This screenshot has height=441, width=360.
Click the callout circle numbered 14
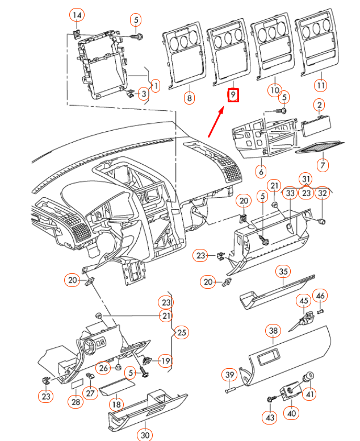[x=77, y=14]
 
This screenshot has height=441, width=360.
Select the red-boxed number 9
[x=233, y=94]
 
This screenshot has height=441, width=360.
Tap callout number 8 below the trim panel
[x=189, y=98]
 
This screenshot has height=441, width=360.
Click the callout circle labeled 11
[x=321, y=85]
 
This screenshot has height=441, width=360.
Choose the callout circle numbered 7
[x=323, y=165]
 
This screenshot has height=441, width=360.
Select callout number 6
[x=261, y=170]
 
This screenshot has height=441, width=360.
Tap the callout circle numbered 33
[x=290, y=193]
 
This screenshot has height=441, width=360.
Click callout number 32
[x=322, y=193]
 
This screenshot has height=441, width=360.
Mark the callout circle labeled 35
[x=283, y=272]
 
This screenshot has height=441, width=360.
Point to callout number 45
[x=304, y=300]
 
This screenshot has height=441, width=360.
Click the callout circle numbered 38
[x=274, y=330]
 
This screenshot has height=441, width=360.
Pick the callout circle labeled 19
[x=165, y=360]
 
